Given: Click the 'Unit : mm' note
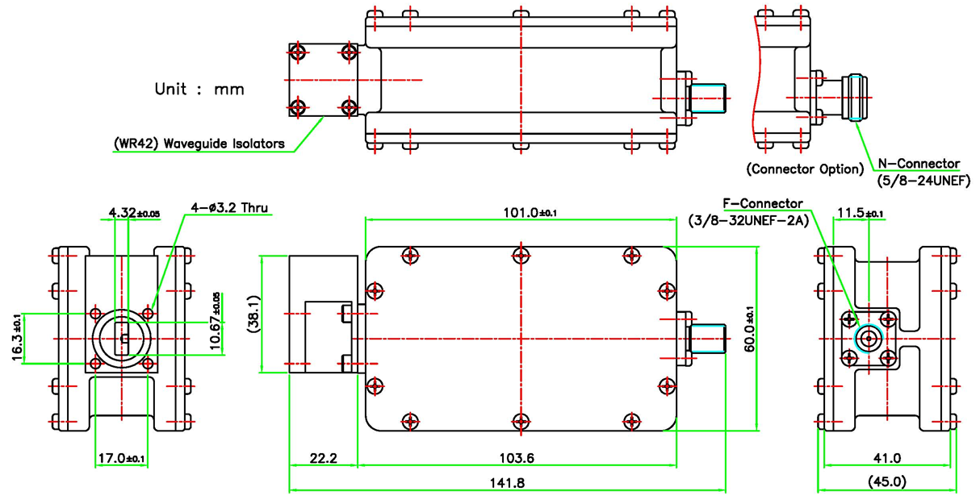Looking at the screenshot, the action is (199, 90).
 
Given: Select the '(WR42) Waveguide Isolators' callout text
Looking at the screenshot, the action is (199, 144).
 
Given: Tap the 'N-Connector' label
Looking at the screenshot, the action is (919, 164).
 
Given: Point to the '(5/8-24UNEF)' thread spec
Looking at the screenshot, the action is (923, 181).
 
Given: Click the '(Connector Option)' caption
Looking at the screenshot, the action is (805, 169).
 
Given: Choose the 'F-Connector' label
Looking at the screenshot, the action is (763, 204).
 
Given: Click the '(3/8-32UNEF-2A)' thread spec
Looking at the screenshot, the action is (748, 221).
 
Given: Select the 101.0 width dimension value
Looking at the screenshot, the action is (530, 213).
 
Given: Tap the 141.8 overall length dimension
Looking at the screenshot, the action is (507, 483).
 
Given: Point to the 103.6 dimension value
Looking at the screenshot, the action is (517, 458).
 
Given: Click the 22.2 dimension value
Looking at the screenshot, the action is (324, 458).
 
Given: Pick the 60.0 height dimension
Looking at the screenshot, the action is (749, 329).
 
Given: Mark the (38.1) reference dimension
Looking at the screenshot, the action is (253, 314).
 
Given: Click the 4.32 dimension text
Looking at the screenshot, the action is (134, 213).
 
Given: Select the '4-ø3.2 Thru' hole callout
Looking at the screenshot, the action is (229, 207).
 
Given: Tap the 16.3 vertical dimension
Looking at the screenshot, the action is (17, 337).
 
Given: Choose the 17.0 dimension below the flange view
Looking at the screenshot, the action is (121, 458).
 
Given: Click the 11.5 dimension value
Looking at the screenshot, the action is (861, 213).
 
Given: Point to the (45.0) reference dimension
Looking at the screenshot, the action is (887, 481).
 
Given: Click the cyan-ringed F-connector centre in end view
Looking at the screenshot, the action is (869, 339).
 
